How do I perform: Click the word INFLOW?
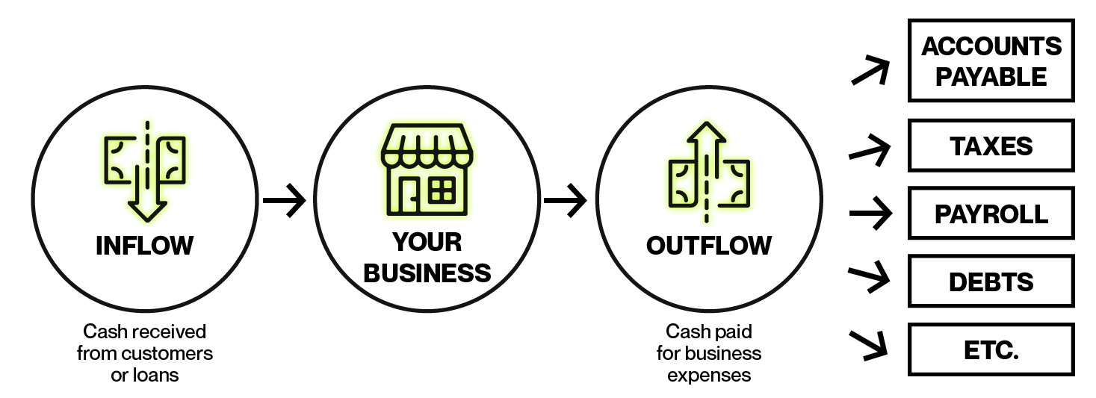pyautogui.click(x=144, y=245)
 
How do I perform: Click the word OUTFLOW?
pyautogui.click(x=709, y=245)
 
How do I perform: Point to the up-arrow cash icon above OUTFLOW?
pyautogui.click(x=708, y=172)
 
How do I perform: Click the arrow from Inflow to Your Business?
pyautogui.click(x=285, y=200)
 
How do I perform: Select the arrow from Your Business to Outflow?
pyautogui.click(x=566, y=200)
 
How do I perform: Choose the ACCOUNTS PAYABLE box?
pyautogui.click(x=991, y=60)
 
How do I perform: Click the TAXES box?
pyautogui.click(x=991, y=146)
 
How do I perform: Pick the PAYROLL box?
pyautogui.click(x=991, y=214)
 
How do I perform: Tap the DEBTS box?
pyautogui.click(x=991, y=282)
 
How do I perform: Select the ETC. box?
pyautogui.click(x=991, y=349)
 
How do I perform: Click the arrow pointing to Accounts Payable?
pyautogui.click(x=870, y=72)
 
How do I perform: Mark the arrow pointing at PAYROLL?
pyautogui.click(x=871, y=214)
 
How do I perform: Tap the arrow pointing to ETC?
pyautogui.click(x=869, y=343)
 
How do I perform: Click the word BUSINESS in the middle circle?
pyautogui.click(x=427, y=273)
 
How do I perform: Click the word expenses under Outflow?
pyautogui.click(x=709, y=375)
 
